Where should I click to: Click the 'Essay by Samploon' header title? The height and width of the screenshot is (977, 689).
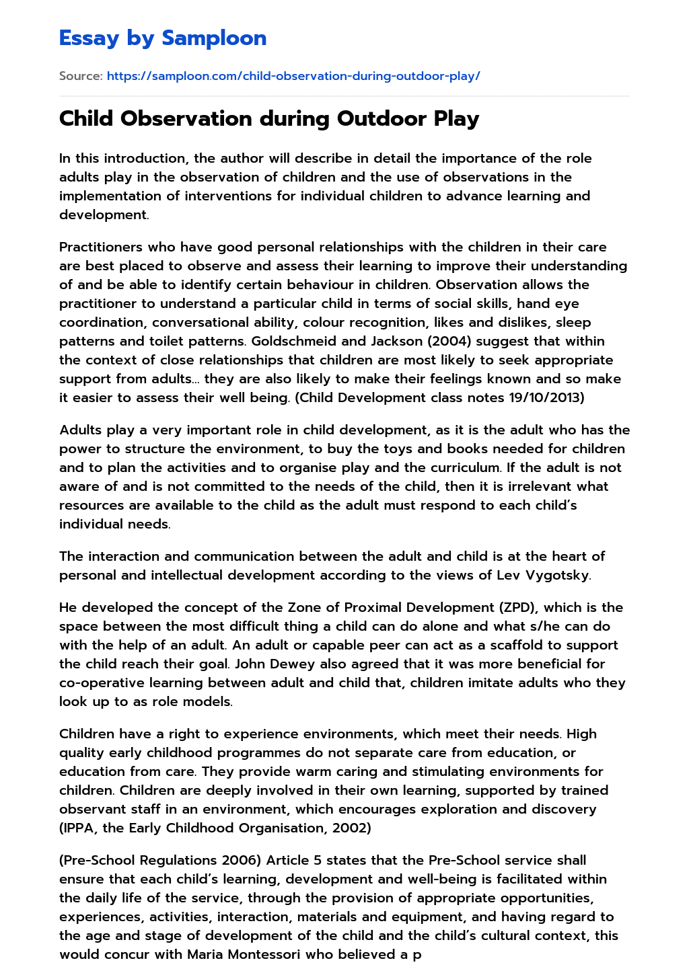[163, 38]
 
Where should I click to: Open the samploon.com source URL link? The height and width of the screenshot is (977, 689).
[293, 76]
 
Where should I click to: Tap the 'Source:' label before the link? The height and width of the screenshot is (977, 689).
[81, 76]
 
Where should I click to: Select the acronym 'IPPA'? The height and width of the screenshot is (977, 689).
[79, 828]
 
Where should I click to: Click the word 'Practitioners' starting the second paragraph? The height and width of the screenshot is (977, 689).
[101, 247]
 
